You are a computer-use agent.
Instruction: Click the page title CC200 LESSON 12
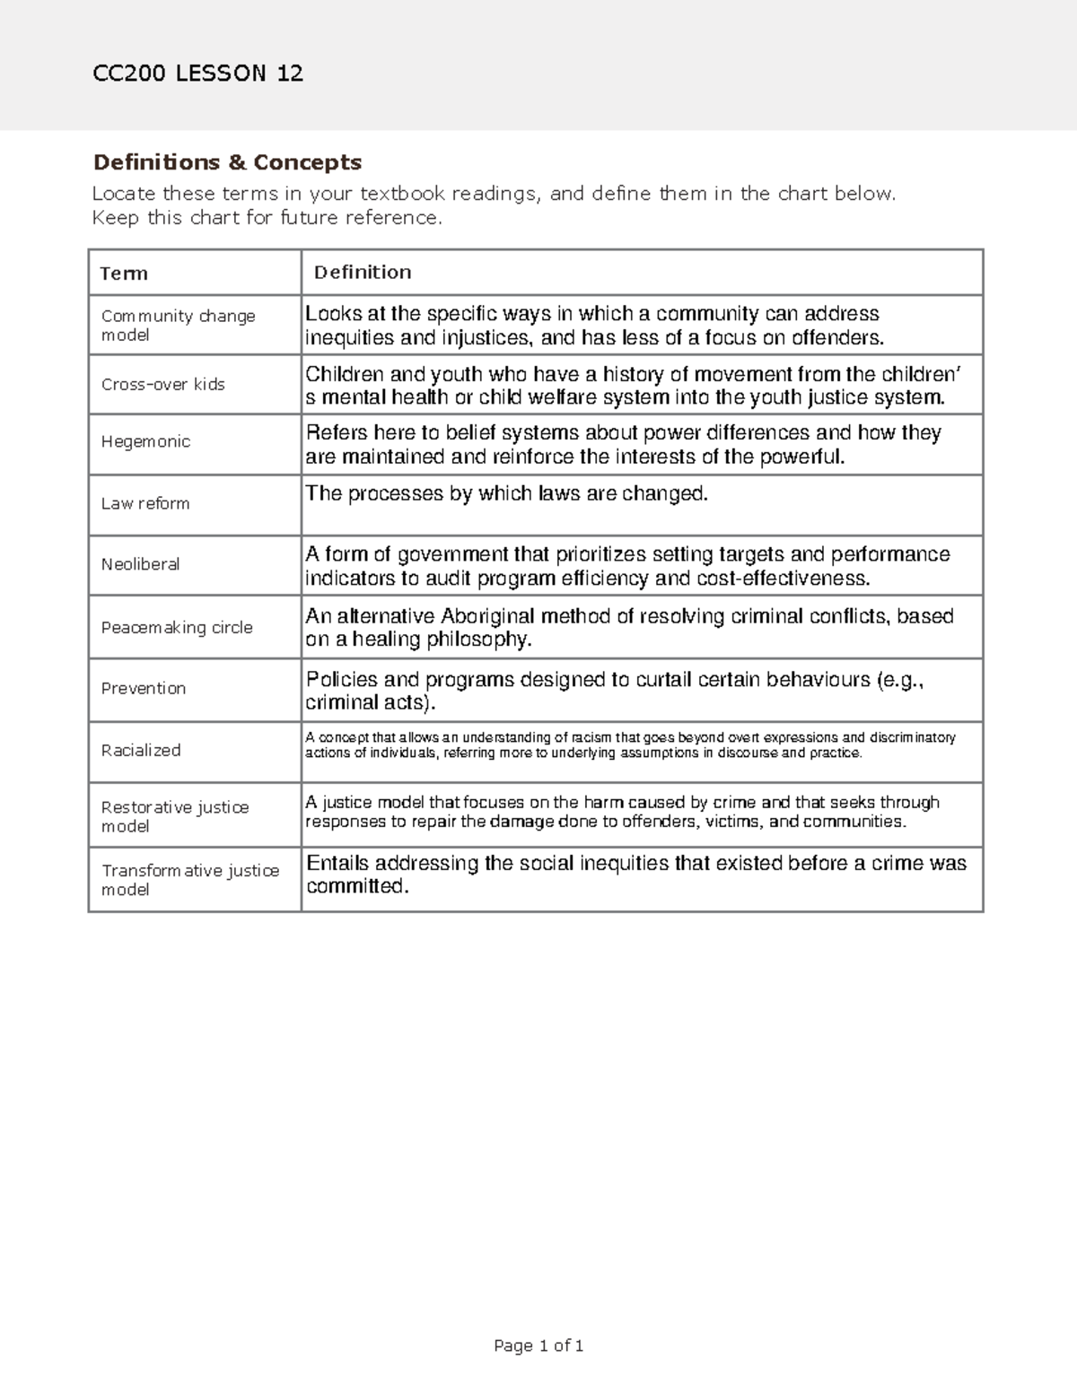197,74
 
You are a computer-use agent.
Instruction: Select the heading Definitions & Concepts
227,162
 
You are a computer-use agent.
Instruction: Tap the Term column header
124,274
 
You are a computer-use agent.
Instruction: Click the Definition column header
363,272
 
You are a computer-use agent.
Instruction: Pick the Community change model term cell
178,326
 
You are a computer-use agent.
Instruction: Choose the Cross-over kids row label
162,384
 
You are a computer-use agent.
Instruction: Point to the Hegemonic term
145,441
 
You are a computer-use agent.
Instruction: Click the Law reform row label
144,503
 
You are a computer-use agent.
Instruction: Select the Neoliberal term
140,564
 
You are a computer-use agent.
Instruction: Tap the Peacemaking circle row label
177,627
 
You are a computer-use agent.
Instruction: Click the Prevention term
143,688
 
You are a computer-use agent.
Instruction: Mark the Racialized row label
140,750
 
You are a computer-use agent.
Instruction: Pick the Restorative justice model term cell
174,816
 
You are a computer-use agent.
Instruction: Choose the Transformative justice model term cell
189,880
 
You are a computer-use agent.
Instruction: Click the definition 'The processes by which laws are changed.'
507,493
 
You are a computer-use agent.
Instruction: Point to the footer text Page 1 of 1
538,1345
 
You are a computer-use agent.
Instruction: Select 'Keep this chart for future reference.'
267,218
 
